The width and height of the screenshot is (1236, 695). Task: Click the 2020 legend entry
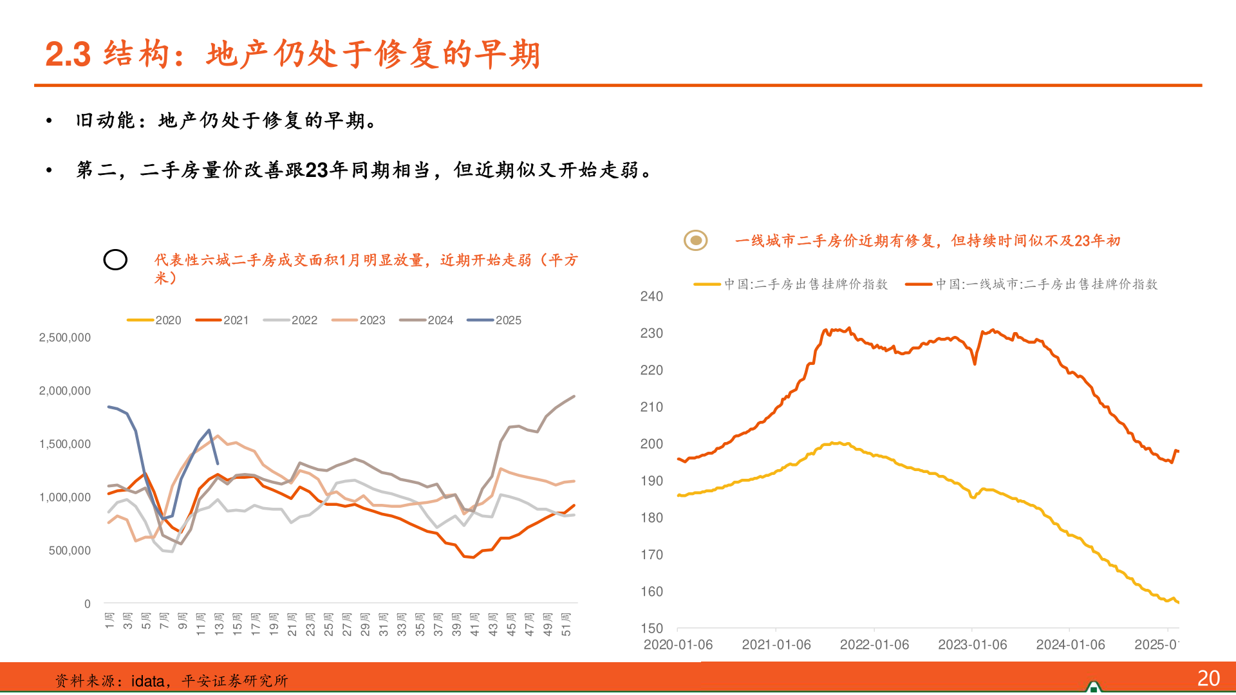click(x=154, y=320)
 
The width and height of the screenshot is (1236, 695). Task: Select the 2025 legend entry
click(x=494, y=320)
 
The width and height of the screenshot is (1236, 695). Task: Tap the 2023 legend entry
click(x=359, y=320)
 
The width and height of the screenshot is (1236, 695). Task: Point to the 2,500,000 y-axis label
click(x=65, y=337)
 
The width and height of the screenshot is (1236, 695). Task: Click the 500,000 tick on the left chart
click(x=70, y=550)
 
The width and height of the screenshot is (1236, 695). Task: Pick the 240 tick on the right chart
click(x=651, y=296)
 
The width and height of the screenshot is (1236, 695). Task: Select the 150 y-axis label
click(x=651, y=628)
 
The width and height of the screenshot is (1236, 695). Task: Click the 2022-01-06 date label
click(x=874, y=644)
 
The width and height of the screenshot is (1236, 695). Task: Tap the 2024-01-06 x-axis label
click(x=1071, y=644)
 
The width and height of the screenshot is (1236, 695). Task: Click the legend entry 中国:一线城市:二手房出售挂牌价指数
click(x=1031, y=284)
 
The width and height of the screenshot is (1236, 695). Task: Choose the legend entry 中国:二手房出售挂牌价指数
click(x=791, y=284)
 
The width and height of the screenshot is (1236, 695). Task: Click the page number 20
click(x=1208, y=678)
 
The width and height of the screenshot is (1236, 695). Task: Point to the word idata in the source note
click(x=147, y=681)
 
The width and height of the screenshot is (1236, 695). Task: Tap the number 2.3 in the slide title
click(x=68, y=54)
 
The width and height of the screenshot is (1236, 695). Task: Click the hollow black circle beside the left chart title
click(x=115, y=259)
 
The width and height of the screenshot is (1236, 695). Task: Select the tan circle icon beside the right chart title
click(x=695, y=240)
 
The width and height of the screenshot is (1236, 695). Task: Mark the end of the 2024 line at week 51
click(x=574, y=396)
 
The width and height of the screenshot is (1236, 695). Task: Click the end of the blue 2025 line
click(x=218, y=463)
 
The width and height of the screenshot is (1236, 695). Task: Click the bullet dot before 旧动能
click(x=49, y=120)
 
